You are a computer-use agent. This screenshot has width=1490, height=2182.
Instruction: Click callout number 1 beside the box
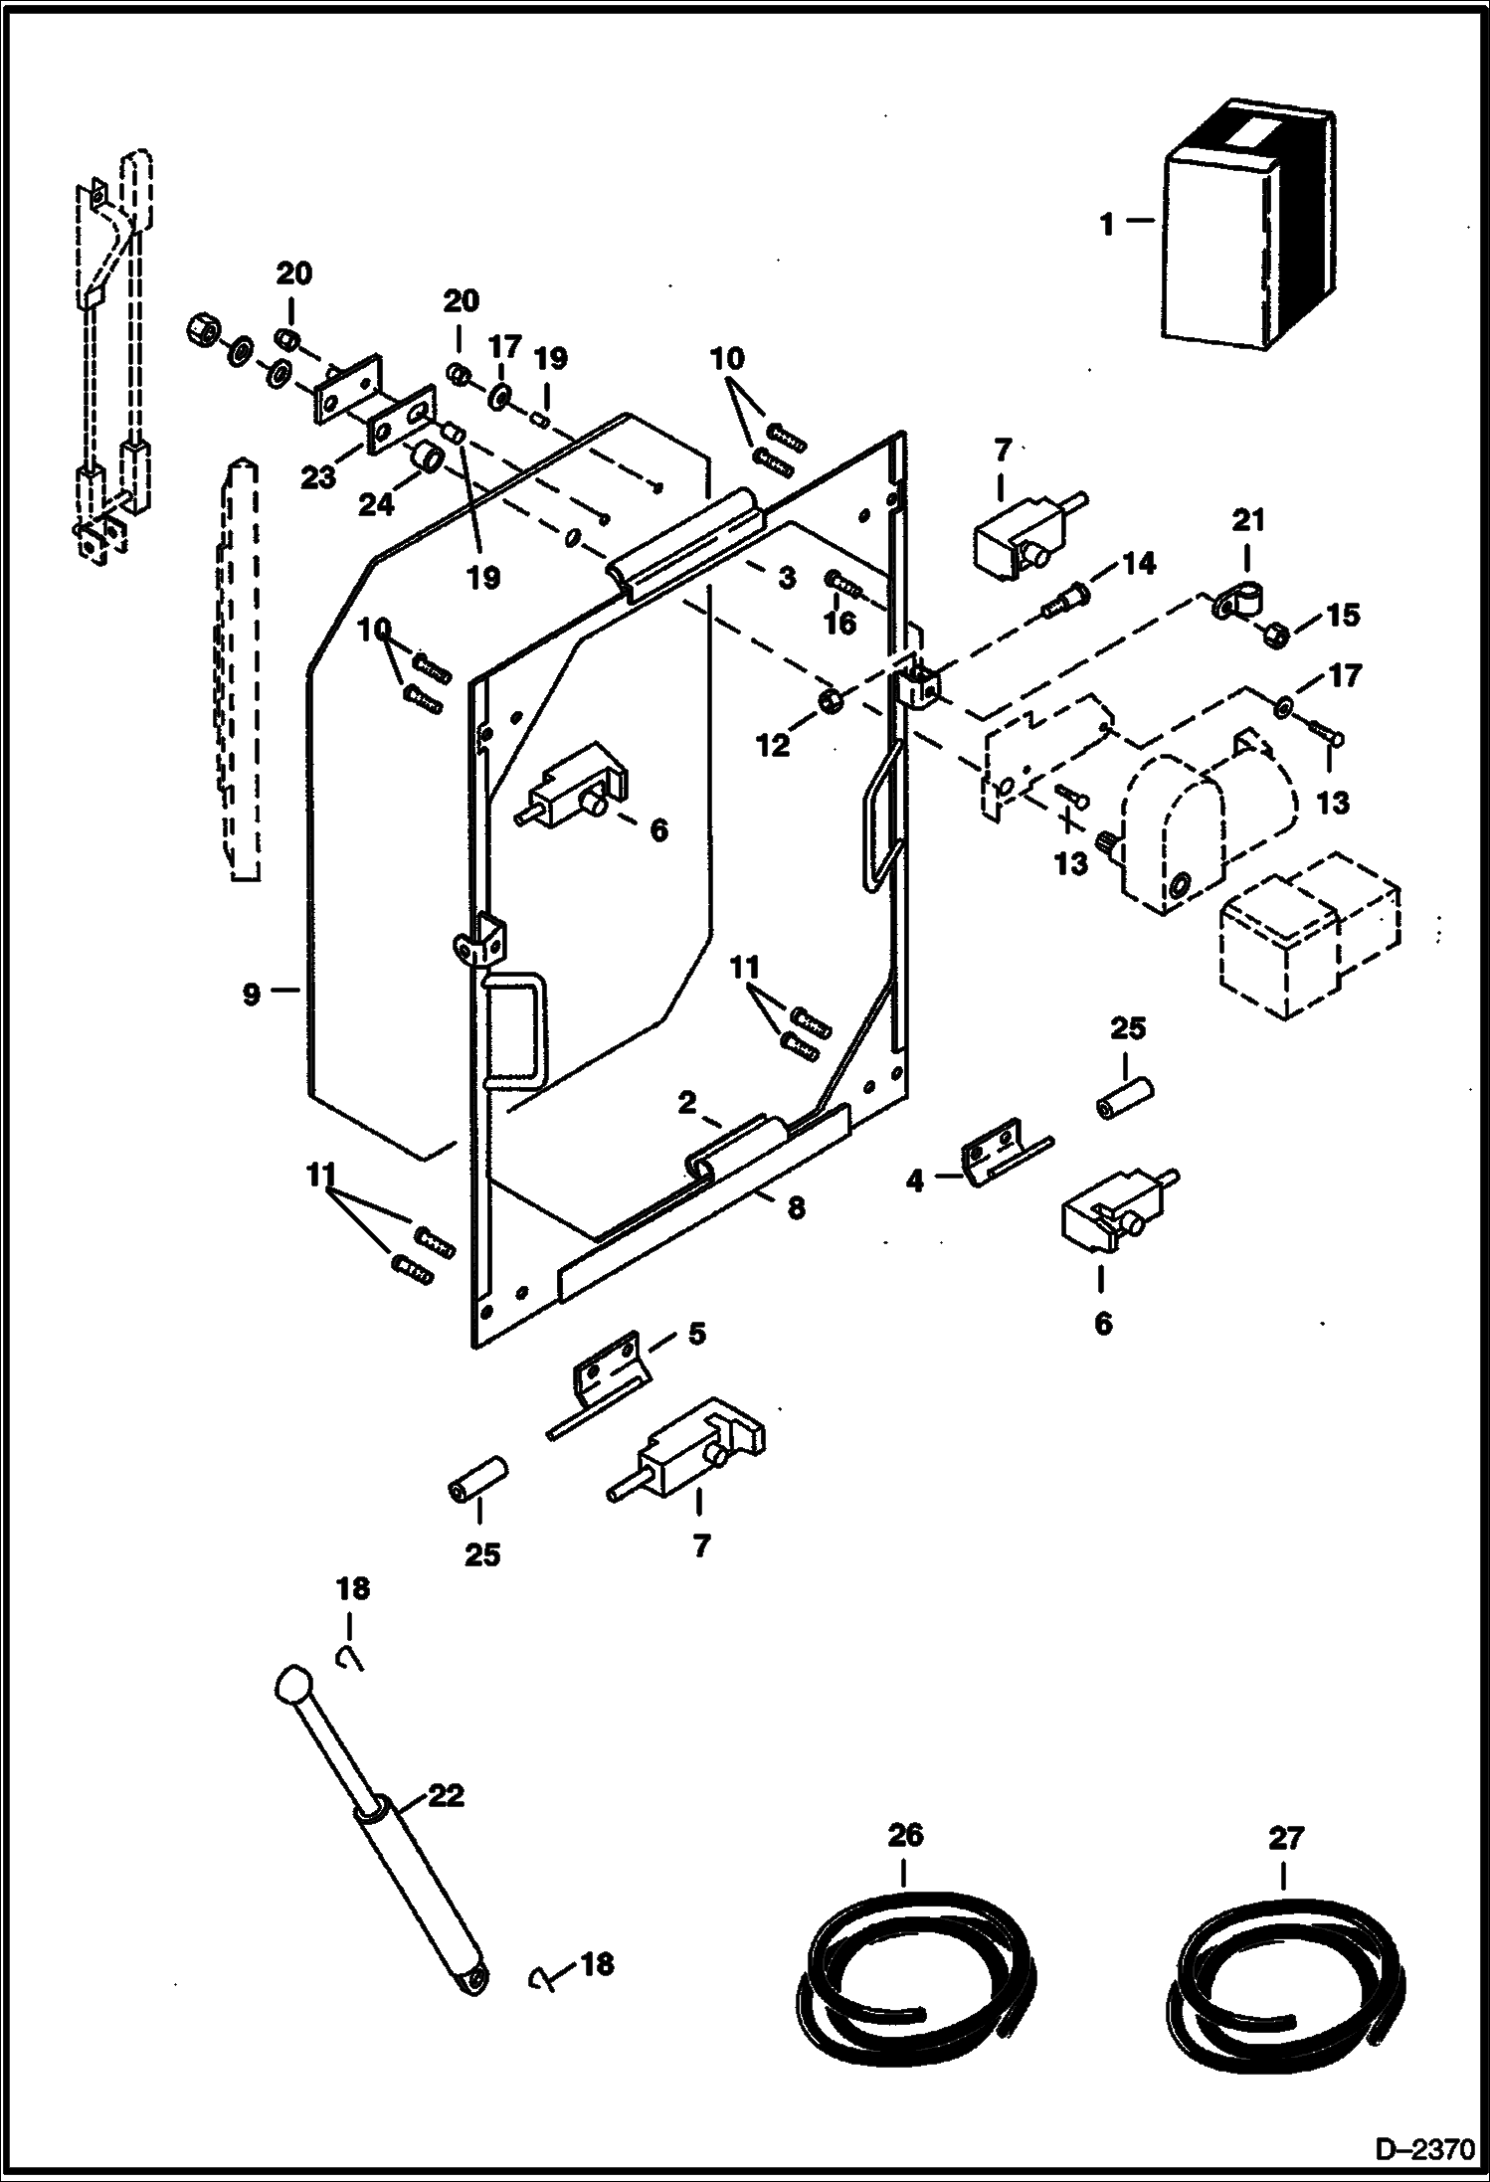coord(1107,225)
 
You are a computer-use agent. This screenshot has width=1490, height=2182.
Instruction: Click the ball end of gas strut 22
coord(293,1683)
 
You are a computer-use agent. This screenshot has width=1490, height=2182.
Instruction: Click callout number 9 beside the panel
coord(252,992)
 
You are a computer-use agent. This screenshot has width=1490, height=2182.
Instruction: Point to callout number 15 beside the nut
coord(1343,615)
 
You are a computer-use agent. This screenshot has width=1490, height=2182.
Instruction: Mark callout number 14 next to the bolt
coord(1139,564)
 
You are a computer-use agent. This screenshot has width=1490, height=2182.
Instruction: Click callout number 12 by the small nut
coord(773,745)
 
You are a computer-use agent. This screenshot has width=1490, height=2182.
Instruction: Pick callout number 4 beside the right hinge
coord(915,1181)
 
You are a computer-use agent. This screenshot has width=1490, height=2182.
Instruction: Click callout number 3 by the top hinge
coord(787,577)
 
